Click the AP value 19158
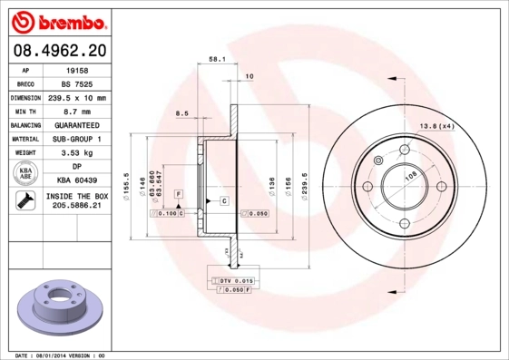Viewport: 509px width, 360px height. coord(76,69)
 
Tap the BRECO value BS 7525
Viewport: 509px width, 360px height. coord(76,83)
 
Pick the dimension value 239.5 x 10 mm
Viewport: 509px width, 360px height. coord(76,97)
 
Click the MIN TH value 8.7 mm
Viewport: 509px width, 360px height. coord(76,111)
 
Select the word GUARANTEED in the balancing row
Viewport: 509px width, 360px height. coord(76,125)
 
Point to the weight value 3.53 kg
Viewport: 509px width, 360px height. coord(76,153)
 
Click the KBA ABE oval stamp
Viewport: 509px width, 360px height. coord(25,174)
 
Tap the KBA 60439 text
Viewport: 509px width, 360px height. coord(76,181)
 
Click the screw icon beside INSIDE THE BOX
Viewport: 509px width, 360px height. coord(25,201)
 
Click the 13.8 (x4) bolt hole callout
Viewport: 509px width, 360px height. coord(436,126)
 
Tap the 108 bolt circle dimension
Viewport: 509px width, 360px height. coord(410,177)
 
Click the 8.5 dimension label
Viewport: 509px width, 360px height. coord(181,114)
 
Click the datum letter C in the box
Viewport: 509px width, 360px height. coord(223,199)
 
